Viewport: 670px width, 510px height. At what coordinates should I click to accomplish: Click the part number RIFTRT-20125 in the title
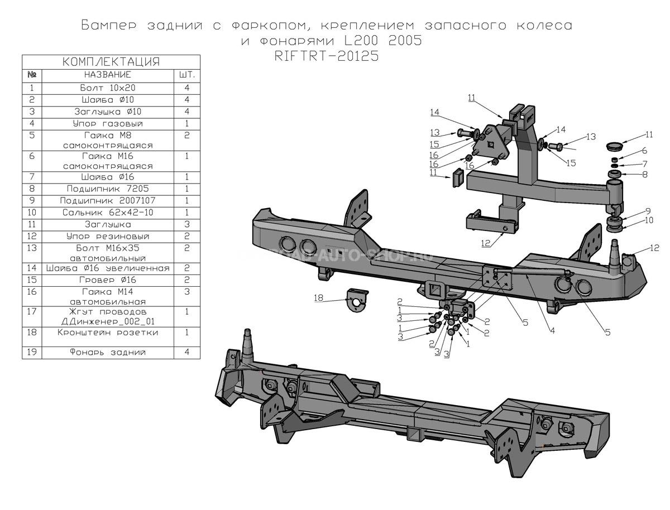coord(326,56)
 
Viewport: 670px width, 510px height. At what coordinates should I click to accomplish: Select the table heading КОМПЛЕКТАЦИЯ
coord(111,61)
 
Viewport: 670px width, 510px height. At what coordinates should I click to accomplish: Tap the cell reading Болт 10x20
coord(108,88)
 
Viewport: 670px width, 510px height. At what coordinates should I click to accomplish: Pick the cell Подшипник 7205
coord(108,189)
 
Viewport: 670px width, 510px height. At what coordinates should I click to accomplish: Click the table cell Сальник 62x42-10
coord(108,213)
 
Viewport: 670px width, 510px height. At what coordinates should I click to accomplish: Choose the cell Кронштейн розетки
coord(108,332)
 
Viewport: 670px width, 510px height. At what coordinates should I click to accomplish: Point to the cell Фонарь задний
coord(108,352)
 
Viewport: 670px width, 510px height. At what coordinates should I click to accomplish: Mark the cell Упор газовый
coord(108,124)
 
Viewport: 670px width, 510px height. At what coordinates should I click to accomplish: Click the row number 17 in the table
coord(32,312)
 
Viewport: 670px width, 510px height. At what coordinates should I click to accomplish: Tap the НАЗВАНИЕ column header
coord(108,75)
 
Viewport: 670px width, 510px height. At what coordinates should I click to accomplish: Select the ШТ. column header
coord(187,75)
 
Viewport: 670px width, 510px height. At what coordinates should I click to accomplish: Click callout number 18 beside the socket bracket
coord(318,298)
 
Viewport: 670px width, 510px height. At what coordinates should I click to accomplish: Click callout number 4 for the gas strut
coord(553,330)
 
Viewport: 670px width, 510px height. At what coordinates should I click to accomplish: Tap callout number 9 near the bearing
coord(648,211)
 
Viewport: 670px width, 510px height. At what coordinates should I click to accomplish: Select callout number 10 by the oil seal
coord(649,220)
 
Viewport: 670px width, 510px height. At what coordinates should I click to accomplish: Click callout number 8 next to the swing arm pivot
coord(645,175)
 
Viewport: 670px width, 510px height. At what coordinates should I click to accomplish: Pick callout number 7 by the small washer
coord(645,164)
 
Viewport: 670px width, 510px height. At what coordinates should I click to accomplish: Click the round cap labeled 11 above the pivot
coord(614,146)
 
